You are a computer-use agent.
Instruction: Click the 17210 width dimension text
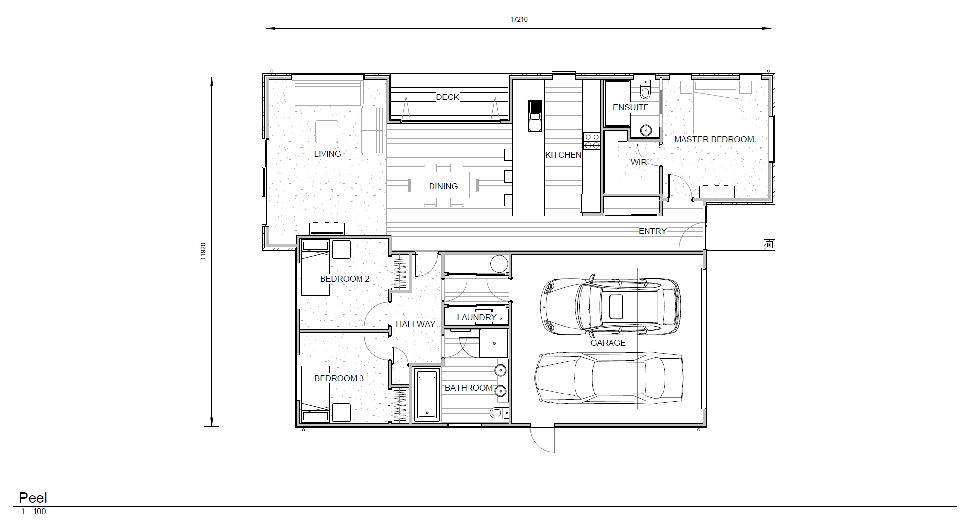(519, 19)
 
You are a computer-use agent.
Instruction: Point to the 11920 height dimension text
(203, 251)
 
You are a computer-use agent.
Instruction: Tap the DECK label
(447, 97)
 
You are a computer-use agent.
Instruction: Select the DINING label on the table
(443, 186)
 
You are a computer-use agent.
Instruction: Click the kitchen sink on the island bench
(535, 116)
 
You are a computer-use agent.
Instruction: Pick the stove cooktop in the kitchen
(591, 141)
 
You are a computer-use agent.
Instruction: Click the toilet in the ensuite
(645, 91)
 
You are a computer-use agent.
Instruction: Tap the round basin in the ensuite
(646, 131)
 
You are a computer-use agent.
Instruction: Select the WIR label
(638, 162)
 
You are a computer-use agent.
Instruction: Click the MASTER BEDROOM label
(714, 139)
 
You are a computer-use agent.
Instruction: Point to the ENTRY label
(652, 231)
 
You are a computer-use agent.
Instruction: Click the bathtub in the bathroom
(427, 395)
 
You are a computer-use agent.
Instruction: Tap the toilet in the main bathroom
(498, 413)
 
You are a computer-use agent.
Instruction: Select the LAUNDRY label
(476, 317)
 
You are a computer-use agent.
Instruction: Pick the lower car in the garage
(609, 378)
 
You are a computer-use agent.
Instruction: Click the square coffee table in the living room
(326, 131)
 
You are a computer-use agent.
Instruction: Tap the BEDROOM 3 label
(339, 378)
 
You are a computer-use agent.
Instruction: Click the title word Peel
(33, 498)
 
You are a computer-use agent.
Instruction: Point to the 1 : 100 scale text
(34, 512)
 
